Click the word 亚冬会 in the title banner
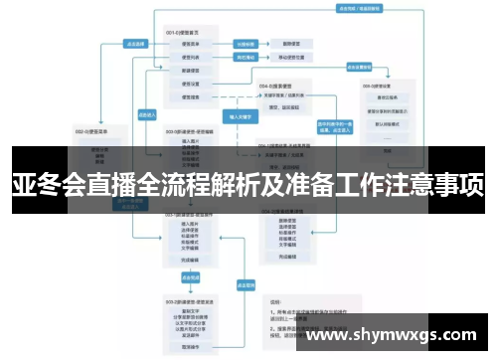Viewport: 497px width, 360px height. tap(46, 185)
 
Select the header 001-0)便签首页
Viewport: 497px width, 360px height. tap(189, 33)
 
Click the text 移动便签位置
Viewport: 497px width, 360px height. tap(298, 58)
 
